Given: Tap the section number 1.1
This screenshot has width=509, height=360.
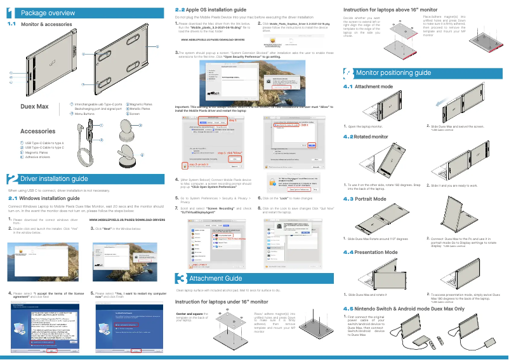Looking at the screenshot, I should pyautogui.click(x=11, y=23).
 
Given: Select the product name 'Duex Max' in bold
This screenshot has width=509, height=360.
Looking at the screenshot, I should pyautogui.click(x=35, y=107).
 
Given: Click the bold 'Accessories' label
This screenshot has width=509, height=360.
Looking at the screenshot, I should pyautogui.click(x=38, y=131).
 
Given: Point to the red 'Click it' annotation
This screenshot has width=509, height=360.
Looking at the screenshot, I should pyautogui.click(x=305, y=125).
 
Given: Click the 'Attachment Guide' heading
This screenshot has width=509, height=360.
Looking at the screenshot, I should pyautogui.click(x=216, y=279).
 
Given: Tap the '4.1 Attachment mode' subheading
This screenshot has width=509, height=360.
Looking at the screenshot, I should pyautogui.click(x=368, y=86).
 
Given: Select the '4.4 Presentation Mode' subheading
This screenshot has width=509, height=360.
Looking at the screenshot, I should pyautogui.click(x=371, y=253).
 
